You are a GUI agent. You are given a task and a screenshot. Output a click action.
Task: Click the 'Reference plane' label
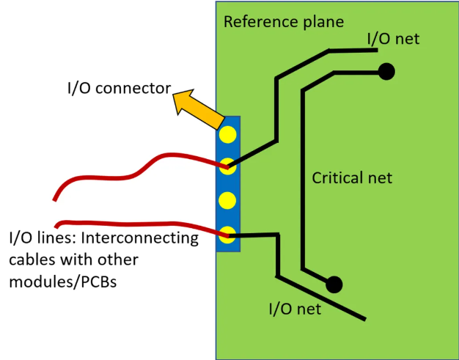(x=283, y=21)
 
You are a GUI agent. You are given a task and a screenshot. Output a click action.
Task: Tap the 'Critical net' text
(x=352, y=177)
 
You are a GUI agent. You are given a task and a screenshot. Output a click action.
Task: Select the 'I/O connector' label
(x=116, y=90)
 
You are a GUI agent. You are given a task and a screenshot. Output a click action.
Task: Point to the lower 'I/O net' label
(x=295, y=309)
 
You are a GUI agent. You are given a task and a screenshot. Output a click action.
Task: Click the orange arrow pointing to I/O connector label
(x=197, y=109)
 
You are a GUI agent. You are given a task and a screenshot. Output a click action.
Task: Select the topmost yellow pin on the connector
(x=228, y=134)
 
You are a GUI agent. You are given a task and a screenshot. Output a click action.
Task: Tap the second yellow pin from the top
(x=228, y=166)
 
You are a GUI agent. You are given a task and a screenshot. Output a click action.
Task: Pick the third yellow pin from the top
(x=228, y=200)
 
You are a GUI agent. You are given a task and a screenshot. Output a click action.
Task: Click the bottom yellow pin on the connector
(x=228, y=235)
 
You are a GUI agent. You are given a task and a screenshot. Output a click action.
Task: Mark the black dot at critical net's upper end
(x=386, y=71)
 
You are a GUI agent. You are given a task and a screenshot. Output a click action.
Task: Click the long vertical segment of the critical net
(x=301, y=176)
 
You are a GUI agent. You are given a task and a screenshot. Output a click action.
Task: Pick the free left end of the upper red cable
(x=54, y=199)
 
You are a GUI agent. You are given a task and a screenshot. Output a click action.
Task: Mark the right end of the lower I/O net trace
(x=364, y=319)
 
